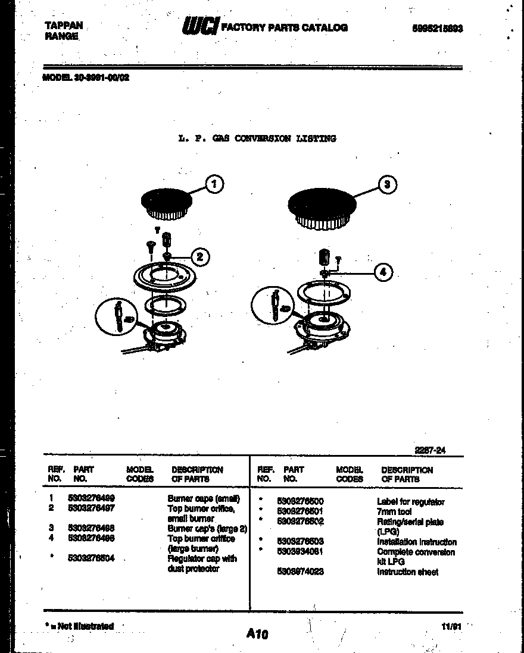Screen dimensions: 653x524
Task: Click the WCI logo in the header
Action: tap(200, 27)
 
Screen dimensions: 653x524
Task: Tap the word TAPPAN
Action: tap(64, 26)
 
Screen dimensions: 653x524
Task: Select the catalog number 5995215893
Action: tap(437, 28)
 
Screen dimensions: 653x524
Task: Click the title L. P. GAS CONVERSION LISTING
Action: tap(257, 139)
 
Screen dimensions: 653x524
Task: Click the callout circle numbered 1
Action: tap(214, 184)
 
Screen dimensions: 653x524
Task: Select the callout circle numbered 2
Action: tap(200, 257)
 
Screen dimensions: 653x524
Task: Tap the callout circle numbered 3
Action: tap(388, 184)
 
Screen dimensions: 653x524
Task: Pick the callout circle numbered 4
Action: tap(383, 273)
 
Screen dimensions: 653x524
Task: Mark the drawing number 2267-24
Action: tap(429, 451)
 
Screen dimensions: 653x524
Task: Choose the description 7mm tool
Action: tap(394, 512)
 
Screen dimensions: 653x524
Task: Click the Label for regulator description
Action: tap(410, 502)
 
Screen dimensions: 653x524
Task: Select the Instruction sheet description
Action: tap(407, 572)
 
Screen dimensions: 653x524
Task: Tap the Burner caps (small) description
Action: tap(204, 499)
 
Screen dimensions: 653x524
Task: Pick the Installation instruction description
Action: tap(416, 542)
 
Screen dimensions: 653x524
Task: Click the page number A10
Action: tap(257, 635)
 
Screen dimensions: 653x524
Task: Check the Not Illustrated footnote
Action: tap(79, 626)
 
